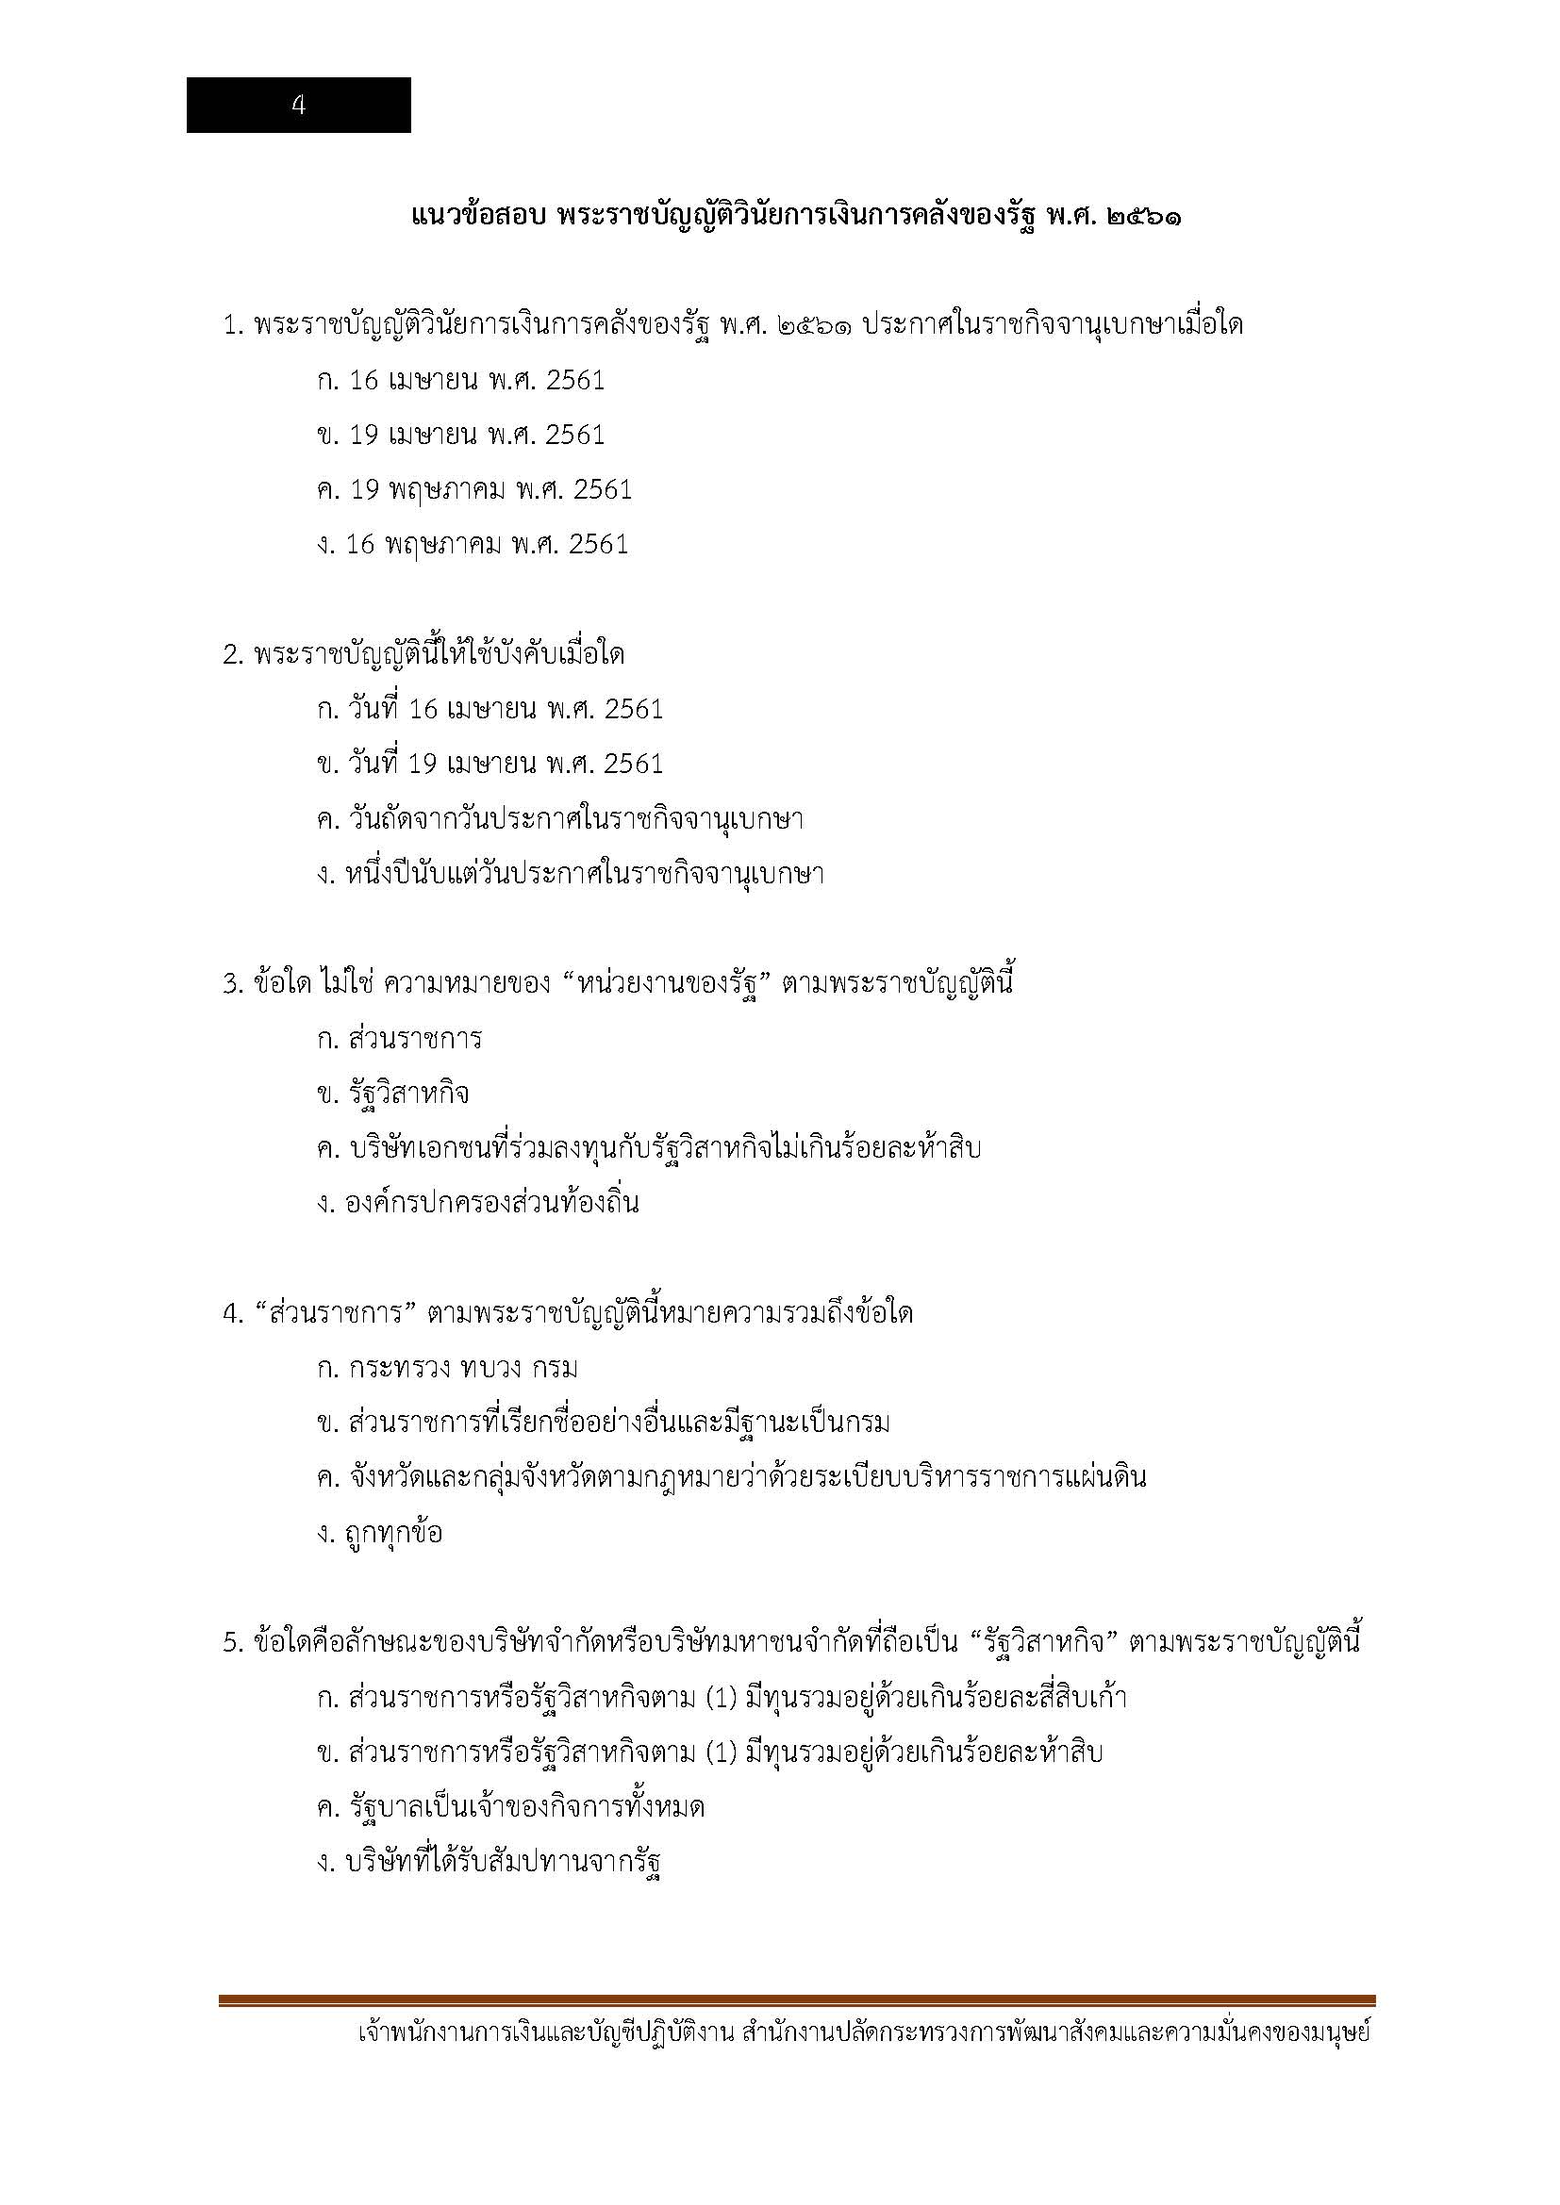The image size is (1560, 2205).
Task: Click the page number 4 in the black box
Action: point(298,106)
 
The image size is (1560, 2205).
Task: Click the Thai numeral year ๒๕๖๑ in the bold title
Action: point(1144,217)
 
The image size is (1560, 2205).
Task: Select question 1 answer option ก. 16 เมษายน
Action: point(461,380)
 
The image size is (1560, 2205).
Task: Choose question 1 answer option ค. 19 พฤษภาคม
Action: point(474,490)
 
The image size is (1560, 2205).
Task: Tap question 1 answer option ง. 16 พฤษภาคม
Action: point(473,545)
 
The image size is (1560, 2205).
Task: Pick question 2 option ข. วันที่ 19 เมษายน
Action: point(490,764)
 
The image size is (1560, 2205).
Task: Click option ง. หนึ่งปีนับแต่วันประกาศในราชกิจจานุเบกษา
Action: point(571,874)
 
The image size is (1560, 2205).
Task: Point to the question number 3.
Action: point(230,984)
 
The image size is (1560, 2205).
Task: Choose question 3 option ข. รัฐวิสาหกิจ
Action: point(393,1094)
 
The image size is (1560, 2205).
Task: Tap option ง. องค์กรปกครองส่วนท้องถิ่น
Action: point(477,1203)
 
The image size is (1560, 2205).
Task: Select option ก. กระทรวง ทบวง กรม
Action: point(448,1368)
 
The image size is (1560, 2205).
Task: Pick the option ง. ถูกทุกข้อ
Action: point(379,1533)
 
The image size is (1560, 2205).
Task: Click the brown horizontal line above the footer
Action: point(796,2000)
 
